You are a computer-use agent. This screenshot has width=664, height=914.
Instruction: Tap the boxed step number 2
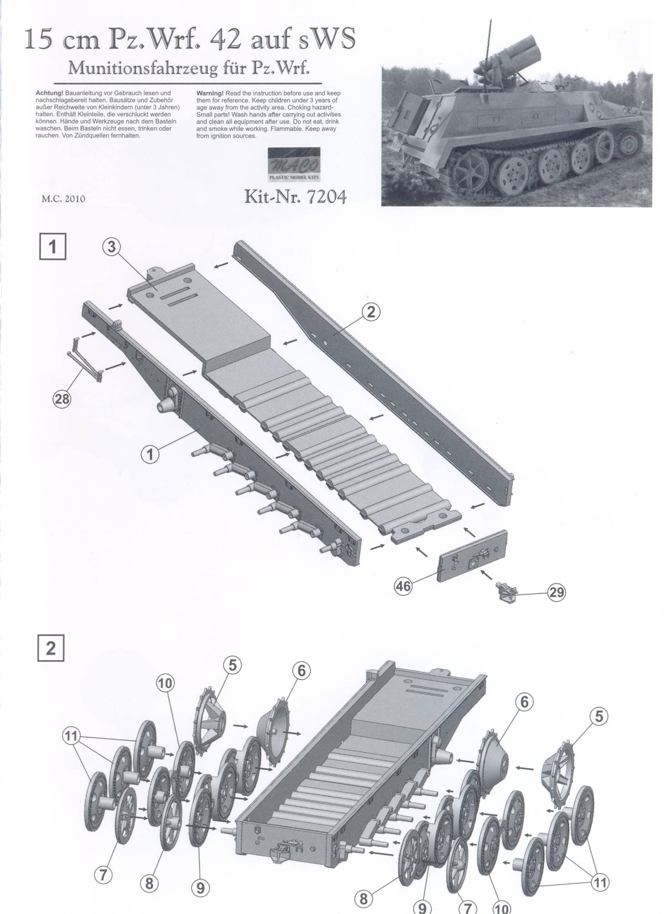coord(51,648)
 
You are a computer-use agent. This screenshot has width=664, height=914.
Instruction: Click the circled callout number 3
coord(111,247)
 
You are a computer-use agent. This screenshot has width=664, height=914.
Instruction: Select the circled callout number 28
coord(62,399)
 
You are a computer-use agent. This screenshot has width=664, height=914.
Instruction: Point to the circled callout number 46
coord(403,586)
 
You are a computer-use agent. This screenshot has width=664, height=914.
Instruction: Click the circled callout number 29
coord(557,593)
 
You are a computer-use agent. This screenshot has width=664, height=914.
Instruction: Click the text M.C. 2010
coord(63,199)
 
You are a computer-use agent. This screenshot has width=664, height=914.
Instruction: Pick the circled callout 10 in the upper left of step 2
coord(165,683)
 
